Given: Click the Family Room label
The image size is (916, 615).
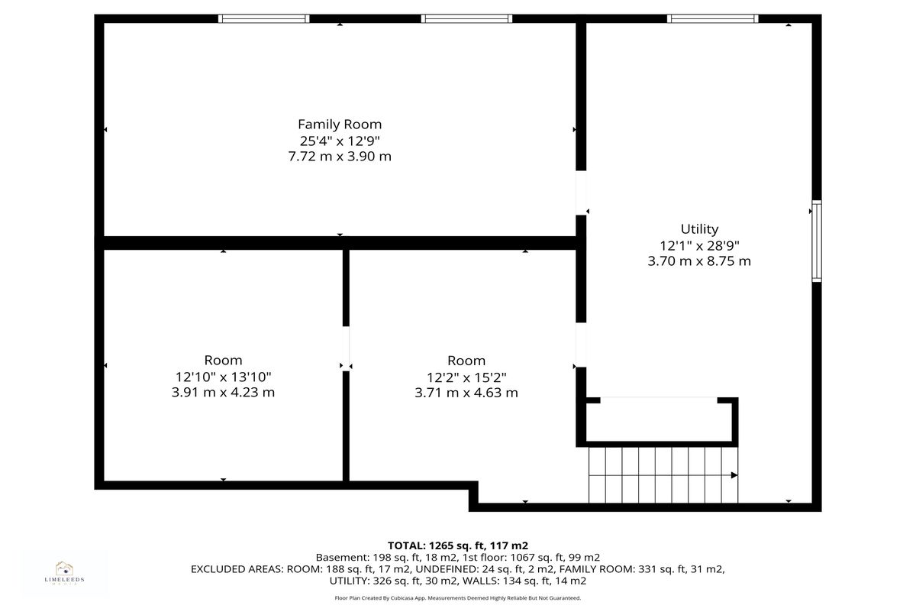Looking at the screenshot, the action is (x=340, y=124).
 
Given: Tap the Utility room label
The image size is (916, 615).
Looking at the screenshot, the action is (x=699, y=228).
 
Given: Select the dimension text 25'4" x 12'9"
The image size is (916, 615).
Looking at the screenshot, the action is (x=340, y=141).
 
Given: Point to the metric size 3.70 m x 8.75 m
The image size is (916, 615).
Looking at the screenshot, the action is (x=699, y=261).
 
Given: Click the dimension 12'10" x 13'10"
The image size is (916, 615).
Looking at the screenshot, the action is (x=223, y=377).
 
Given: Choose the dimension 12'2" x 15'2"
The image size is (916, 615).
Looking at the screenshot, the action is (x=466, y=377).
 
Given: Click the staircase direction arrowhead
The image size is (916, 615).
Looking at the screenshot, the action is (x=734, y=475).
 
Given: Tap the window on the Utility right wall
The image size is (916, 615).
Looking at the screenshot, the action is (x=817, y=241).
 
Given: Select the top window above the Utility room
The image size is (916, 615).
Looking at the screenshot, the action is (x=713, y=18).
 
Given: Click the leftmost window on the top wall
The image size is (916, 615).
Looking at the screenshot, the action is (x=264, y=18).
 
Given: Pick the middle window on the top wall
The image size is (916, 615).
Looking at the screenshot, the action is (x=466, y=18).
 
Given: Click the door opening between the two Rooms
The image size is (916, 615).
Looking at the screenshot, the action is (x=346, y=348).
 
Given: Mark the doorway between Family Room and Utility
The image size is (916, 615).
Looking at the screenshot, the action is (x=581, y=193).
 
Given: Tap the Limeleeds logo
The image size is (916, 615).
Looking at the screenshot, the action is (x=64, y=573).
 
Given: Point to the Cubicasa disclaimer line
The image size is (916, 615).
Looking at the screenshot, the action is (x=457, y=598).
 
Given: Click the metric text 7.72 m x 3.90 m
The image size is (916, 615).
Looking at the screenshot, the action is (x=340, y=157).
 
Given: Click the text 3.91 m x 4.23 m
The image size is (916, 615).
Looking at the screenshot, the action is (x=223, y=393).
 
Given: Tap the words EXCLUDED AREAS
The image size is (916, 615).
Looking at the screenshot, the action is (x=237, y=569).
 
